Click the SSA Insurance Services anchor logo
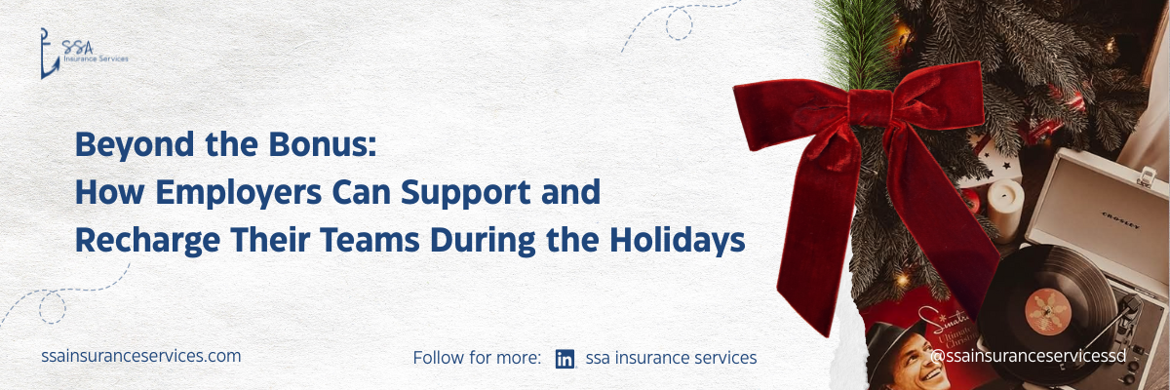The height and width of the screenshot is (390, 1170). pos(84,54)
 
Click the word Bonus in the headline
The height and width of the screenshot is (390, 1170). pos(323,144)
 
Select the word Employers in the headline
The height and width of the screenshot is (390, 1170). pos(238,194)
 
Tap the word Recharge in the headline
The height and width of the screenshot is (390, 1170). pos(148,241)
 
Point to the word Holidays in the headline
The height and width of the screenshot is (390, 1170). pos(677,241)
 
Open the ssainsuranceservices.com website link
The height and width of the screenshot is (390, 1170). pos(141,356)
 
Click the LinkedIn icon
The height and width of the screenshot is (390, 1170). pos(565,359)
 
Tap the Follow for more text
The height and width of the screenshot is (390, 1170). pos(477,358)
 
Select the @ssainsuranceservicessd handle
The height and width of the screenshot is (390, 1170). pos(1028,356)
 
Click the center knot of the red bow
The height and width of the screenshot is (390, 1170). pos(871,107)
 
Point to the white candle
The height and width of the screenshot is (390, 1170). pos(1004,210)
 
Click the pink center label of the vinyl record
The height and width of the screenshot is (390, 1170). pos(1048,312)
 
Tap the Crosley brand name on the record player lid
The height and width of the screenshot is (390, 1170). pos(1120,220)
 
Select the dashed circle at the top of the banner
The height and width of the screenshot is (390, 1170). pos(679,24)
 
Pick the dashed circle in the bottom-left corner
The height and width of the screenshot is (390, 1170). pos(53,307)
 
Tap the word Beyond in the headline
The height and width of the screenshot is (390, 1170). pos(135,145)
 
